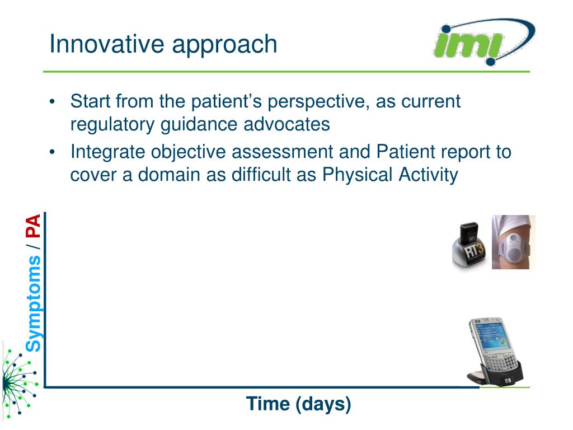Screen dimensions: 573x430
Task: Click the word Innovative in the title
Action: pos(107,44)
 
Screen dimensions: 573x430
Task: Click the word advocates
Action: pos(286,124)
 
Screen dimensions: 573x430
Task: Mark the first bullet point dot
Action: pos(52,102)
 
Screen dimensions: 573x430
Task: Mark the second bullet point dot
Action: pos(52,152)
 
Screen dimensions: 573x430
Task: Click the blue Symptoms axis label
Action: pos(33,303)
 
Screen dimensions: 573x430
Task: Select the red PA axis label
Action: pos(33,226)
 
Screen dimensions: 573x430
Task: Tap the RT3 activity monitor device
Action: pos(469,246)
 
